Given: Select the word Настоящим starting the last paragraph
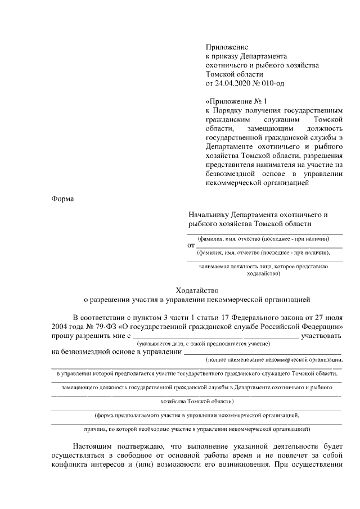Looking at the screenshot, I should tap(94, 447).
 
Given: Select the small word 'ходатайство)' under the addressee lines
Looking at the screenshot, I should tap(264, 274).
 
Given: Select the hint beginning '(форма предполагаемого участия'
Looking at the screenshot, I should tap(197, 415).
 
